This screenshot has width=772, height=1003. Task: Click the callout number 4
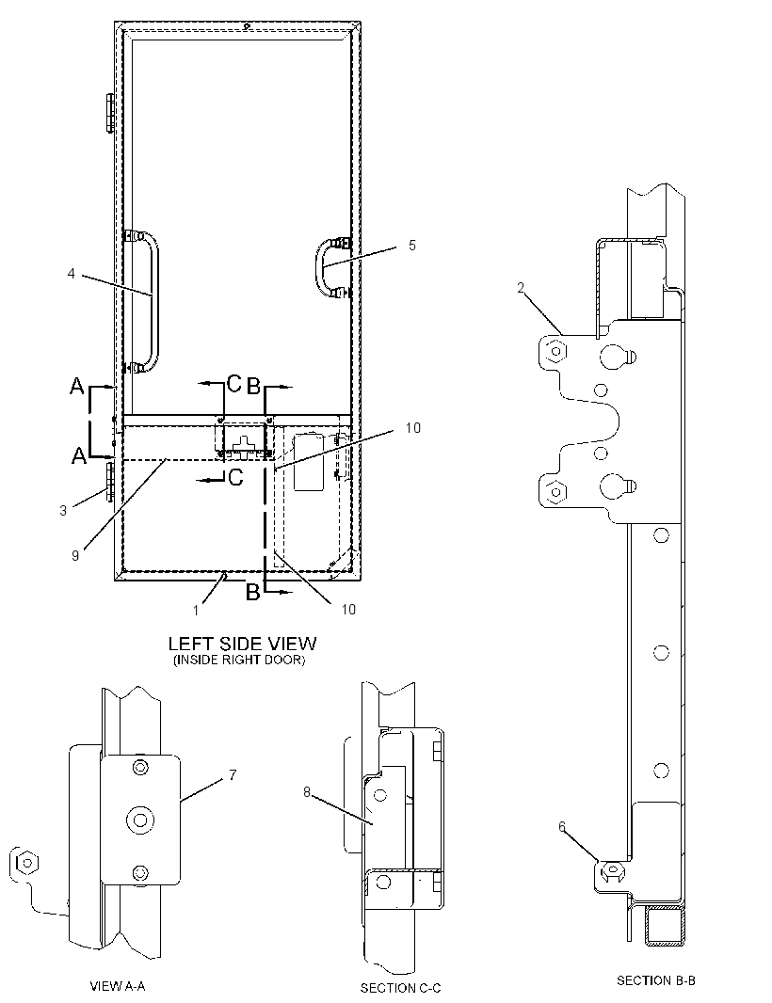tap(71, 274)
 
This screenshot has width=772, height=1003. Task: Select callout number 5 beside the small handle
tap(412, 245)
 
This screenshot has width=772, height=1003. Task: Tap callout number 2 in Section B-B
tap(521, 288)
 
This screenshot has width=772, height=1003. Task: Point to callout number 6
tap(562, 826)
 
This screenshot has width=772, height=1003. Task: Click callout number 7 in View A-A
tap(233, 775)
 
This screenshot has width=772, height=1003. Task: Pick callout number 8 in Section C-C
tap(307, 792)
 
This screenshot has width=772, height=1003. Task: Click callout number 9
tap(75, 556)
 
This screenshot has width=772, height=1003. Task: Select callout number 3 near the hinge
tap(63, 511)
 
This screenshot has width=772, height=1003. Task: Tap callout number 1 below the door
tap(197, 611)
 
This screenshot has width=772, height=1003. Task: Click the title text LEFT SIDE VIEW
tap(242, 643)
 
